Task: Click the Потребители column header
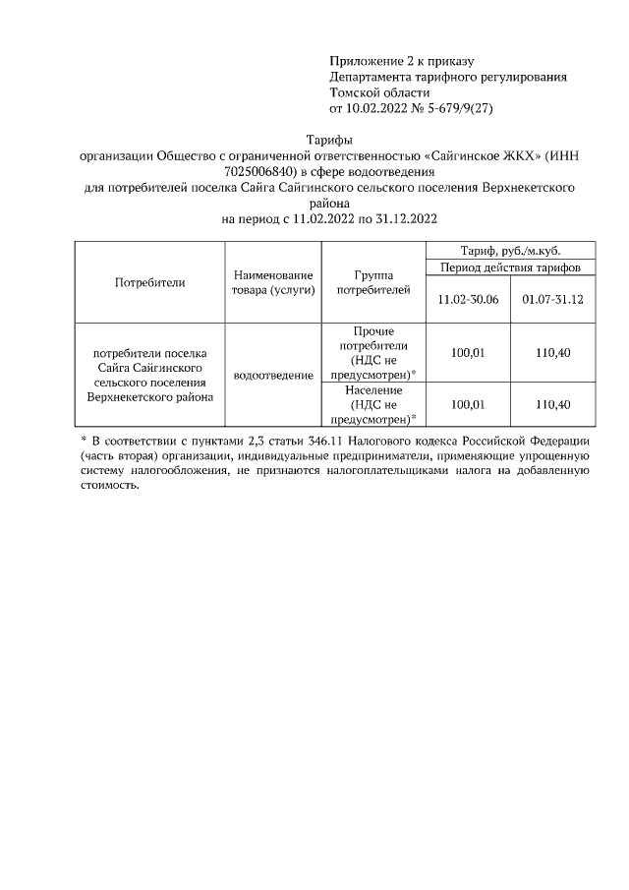pos(149,282)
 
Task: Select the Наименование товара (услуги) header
pos(273,282)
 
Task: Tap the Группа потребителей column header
pos(370,282)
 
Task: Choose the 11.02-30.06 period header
pos(468,298)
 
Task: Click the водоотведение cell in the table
pos(273,375)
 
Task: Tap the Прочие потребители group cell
pos(370,352)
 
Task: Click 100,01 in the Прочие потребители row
pos(468,352)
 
